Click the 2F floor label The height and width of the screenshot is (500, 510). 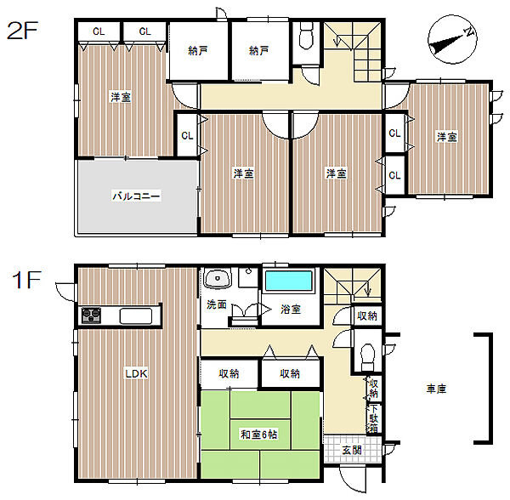coord(22,31)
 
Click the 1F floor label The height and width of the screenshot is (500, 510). coord(26,280)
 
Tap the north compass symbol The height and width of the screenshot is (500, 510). coord(452,39)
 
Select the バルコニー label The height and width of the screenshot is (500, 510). coord(136,196)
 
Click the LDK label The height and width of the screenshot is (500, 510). coord(136,373)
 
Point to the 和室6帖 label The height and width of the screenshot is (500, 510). coord(259,435)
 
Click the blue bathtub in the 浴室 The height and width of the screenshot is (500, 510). coord(288,281)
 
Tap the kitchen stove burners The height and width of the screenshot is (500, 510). coord(91,315)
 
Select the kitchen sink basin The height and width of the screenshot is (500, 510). coord(136,315)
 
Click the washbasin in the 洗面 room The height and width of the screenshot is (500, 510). coord(218,278)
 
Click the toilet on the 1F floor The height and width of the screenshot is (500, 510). coord(367,356)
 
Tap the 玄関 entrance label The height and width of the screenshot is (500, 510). coord(352,450)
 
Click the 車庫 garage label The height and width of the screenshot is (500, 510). coord(436,389)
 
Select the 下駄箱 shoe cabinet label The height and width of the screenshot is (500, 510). coord(374,418)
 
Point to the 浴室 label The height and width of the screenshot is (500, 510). coord(291,309)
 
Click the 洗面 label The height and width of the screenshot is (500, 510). coord(217,304)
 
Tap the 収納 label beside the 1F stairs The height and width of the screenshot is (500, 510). coord(367,315)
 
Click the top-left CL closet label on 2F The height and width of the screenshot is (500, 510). coord(99,31)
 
